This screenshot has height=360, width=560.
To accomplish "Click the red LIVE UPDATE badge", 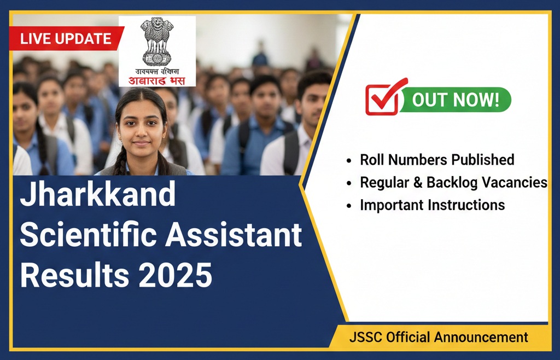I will point(66,38).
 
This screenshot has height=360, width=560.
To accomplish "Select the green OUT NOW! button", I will point(455,100).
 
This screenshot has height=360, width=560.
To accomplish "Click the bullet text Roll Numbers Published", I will point(437,160).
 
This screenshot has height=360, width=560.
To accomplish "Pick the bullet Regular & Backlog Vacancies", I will point(453,182).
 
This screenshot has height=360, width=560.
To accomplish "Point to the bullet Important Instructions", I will point(432,205).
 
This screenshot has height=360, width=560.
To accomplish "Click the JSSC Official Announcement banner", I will point(439,338).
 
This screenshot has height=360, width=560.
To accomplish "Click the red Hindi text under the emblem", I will point(157,80).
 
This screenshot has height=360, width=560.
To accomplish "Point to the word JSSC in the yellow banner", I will point(365,338).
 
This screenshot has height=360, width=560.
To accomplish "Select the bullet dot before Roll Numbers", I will point(349,160).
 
